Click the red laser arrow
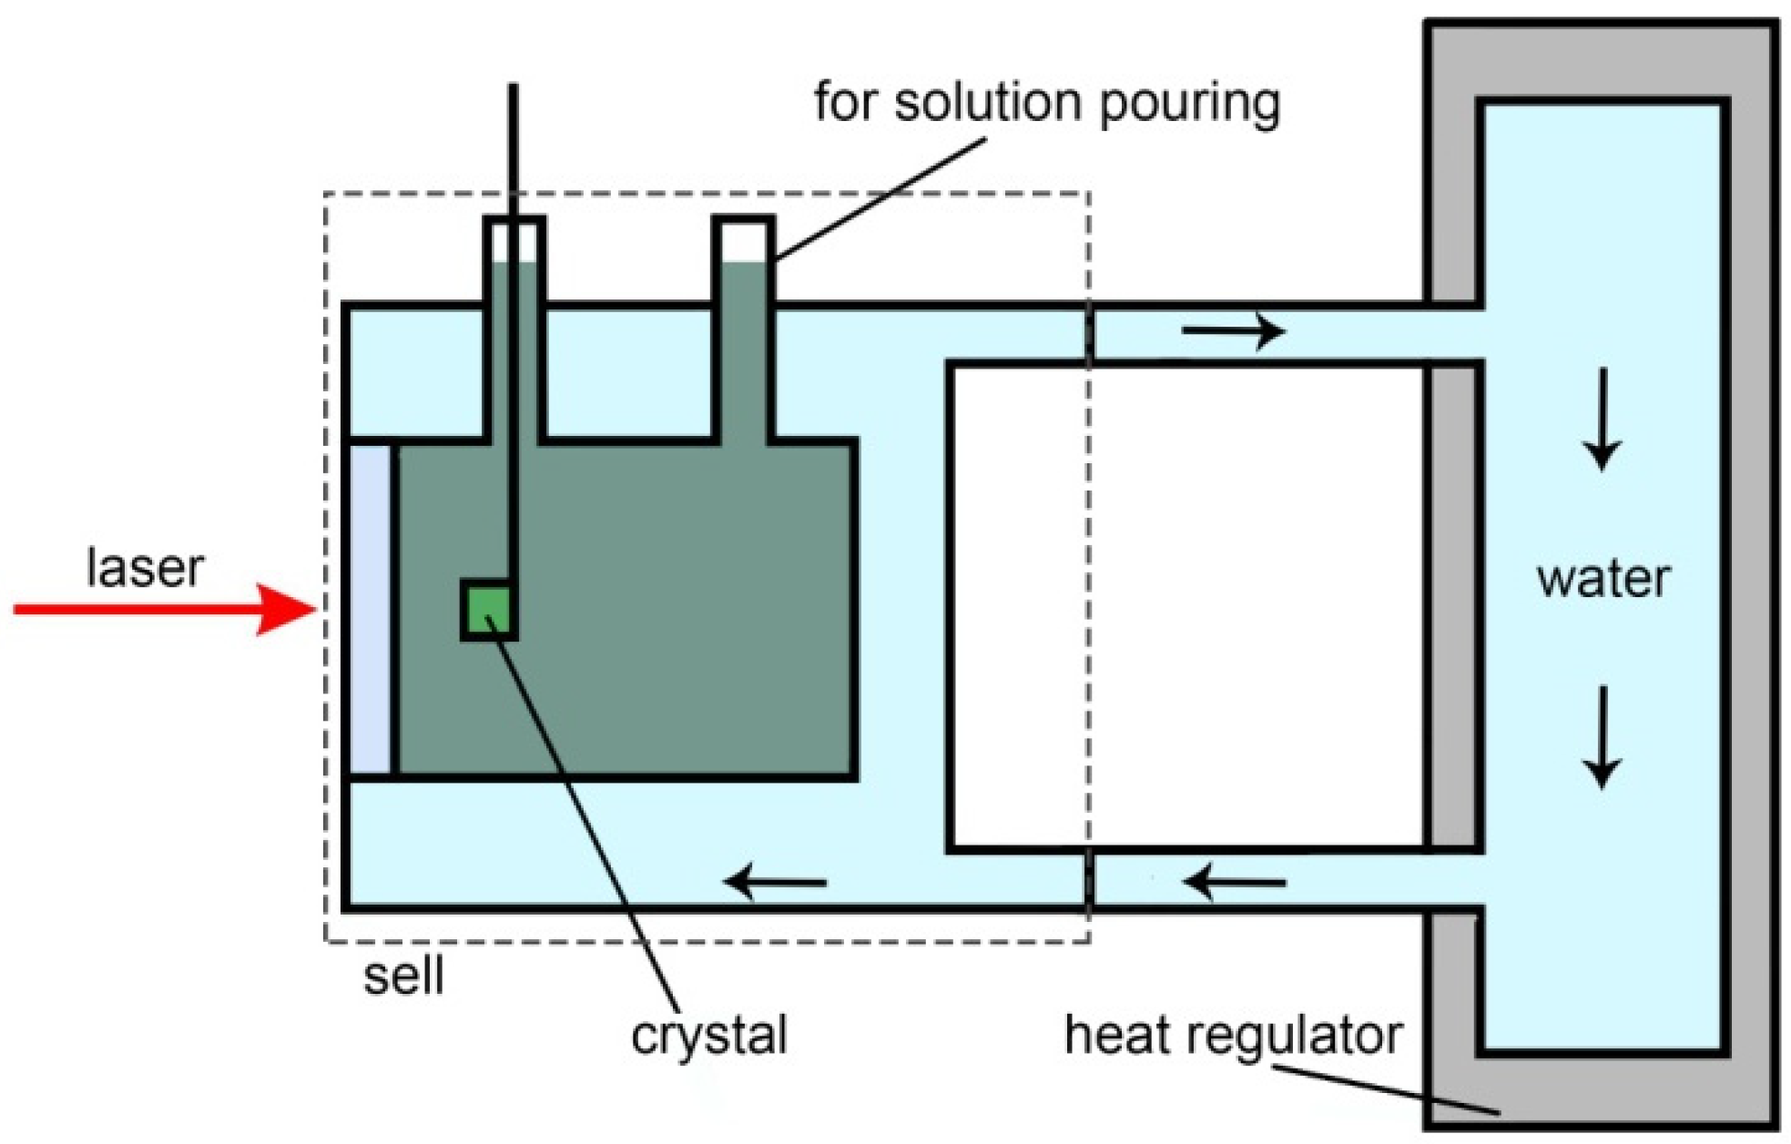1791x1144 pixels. pos(164,609)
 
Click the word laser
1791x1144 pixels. pos(145,568)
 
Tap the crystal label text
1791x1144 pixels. pos(708,1036)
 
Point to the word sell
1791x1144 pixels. pos(403,977)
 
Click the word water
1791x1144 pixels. pos(1603,579)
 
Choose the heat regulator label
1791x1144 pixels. pos(1233,1036)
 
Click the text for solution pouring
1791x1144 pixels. pos(1046,102)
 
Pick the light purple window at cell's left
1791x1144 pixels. pos(371,609)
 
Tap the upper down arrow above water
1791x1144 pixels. pos(1602,420)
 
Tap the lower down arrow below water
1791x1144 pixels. pos(1602,737)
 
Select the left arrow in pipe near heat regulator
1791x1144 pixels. pos(1235,882)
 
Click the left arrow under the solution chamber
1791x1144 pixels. pos(776,882)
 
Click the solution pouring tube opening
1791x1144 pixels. pos(744,241)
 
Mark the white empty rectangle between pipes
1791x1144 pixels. pos(1184,608)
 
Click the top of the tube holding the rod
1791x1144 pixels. pos(514,219)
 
